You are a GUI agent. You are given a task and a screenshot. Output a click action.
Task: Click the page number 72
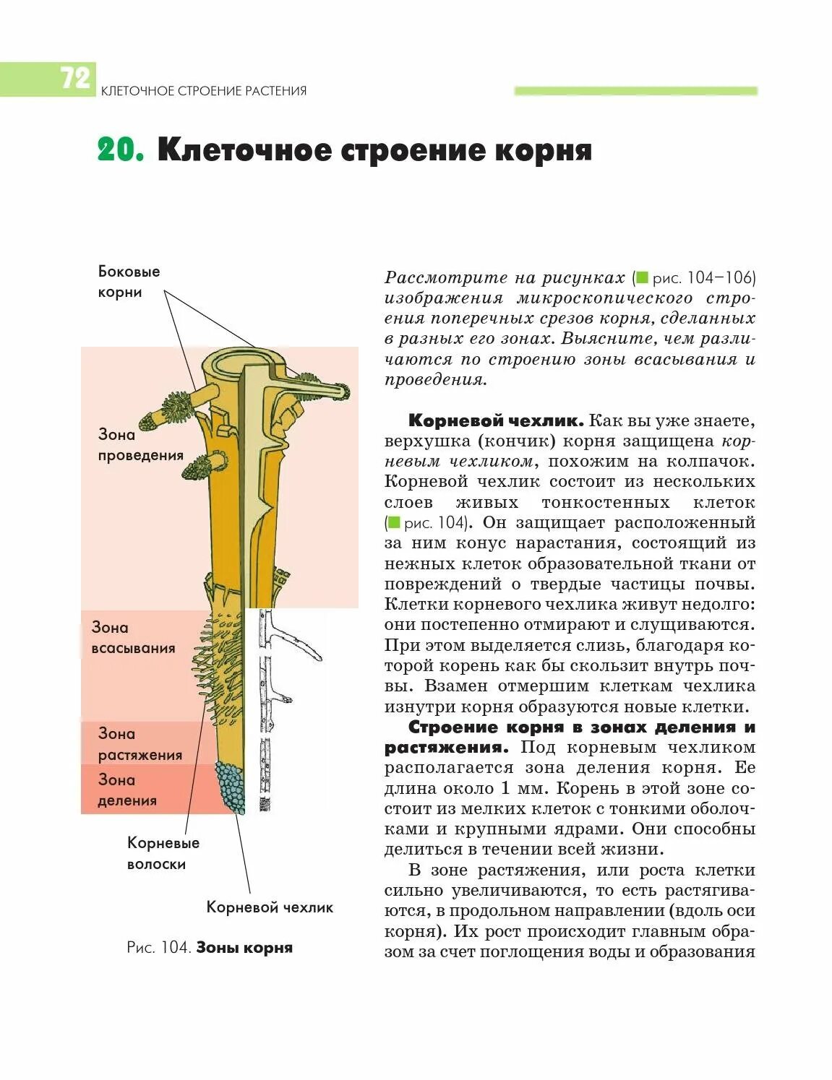tap(74, 78)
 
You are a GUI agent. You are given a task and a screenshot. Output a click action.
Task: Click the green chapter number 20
tap(121, 150)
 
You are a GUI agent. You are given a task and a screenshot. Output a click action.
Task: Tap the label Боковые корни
tap(129, 282)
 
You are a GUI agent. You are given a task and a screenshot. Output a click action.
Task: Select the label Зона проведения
tap(140, 445)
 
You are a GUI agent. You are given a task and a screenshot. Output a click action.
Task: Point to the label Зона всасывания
tap(133, 638)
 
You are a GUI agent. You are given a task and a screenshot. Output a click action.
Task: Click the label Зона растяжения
tap(140, 744)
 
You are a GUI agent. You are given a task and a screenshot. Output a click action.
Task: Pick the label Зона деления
tap(127, 790)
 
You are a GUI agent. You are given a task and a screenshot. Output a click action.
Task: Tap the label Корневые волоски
tap(163, 853)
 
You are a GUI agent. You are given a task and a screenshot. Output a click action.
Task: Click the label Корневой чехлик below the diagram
tap(270, 907)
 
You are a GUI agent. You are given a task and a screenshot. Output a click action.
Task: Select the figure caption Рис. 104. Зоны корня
tap(210, 948)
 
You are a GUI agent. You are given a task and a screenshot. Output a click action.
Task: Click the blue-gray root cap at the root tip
tap(232, 788)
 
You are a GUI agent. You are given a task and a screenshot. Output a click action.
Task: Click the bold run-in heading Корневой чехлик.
tap(496, 420)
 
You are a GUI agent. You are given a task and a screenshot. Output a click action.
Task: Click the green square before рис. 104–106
tap(642, 278)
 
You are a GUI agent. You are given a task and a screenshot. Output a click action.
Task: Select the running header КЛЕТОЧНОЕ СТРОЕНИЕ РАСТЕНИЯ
tap(204, 91)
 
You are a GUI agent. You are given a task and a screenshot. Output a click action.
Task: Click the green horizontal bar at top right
tap(635, 91)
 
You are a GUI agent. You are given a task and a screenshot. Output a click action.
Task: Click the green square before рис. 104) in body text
tap(394, 522)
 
